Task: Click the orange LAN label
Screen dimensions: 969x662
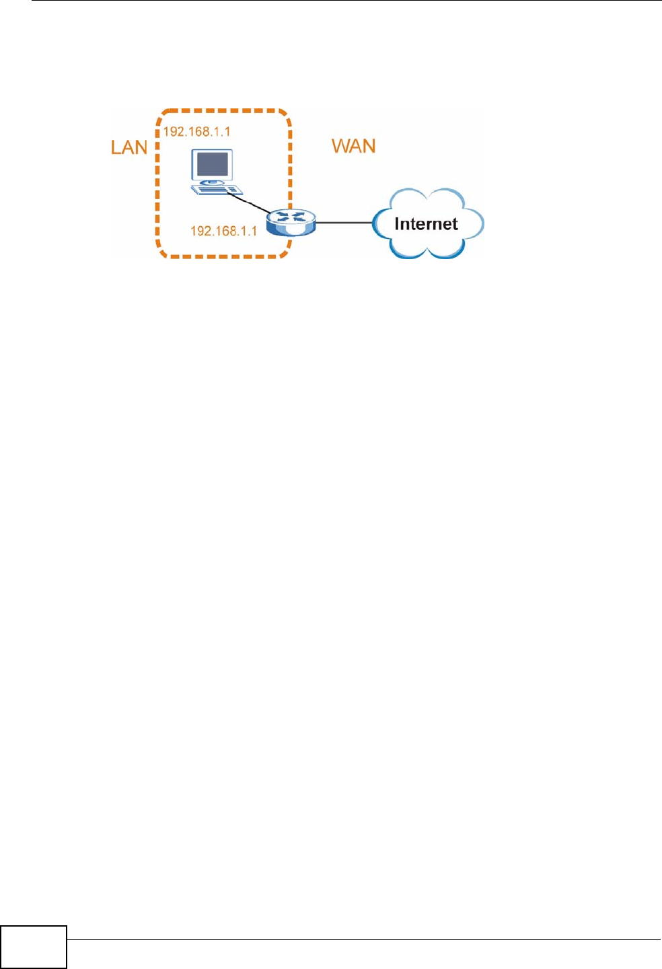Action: [128, 147]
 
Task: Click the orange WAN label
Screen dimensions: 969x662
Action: [354, 146]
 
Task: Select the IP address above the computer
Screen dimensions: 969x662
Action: [196, 131]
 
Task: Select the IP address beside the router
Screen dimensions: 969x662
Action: [223, 231]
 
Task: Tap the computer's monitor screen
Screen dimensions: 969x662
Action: [212, 164]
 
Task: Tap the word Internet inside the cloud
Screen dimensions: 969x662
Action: [426, 224]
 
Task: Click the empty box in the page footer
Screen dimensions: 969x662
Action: [34, 947]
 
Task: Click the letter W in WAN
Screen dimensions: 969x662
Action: [341, 146]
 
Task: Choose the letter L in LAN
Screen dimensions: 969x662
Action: [116, 147]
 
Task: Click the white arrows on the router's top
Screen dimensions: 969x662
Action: [291, 217]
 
